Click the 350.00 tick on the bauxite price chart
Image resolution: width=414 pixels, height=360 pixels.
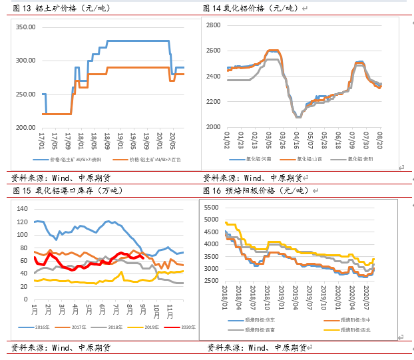[25, 27]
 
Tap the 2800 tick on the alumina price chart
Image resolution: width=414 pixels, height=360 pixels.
[212, 25]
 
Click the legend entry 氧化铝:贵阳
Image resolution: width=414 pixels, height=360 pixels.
[359, 160]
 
